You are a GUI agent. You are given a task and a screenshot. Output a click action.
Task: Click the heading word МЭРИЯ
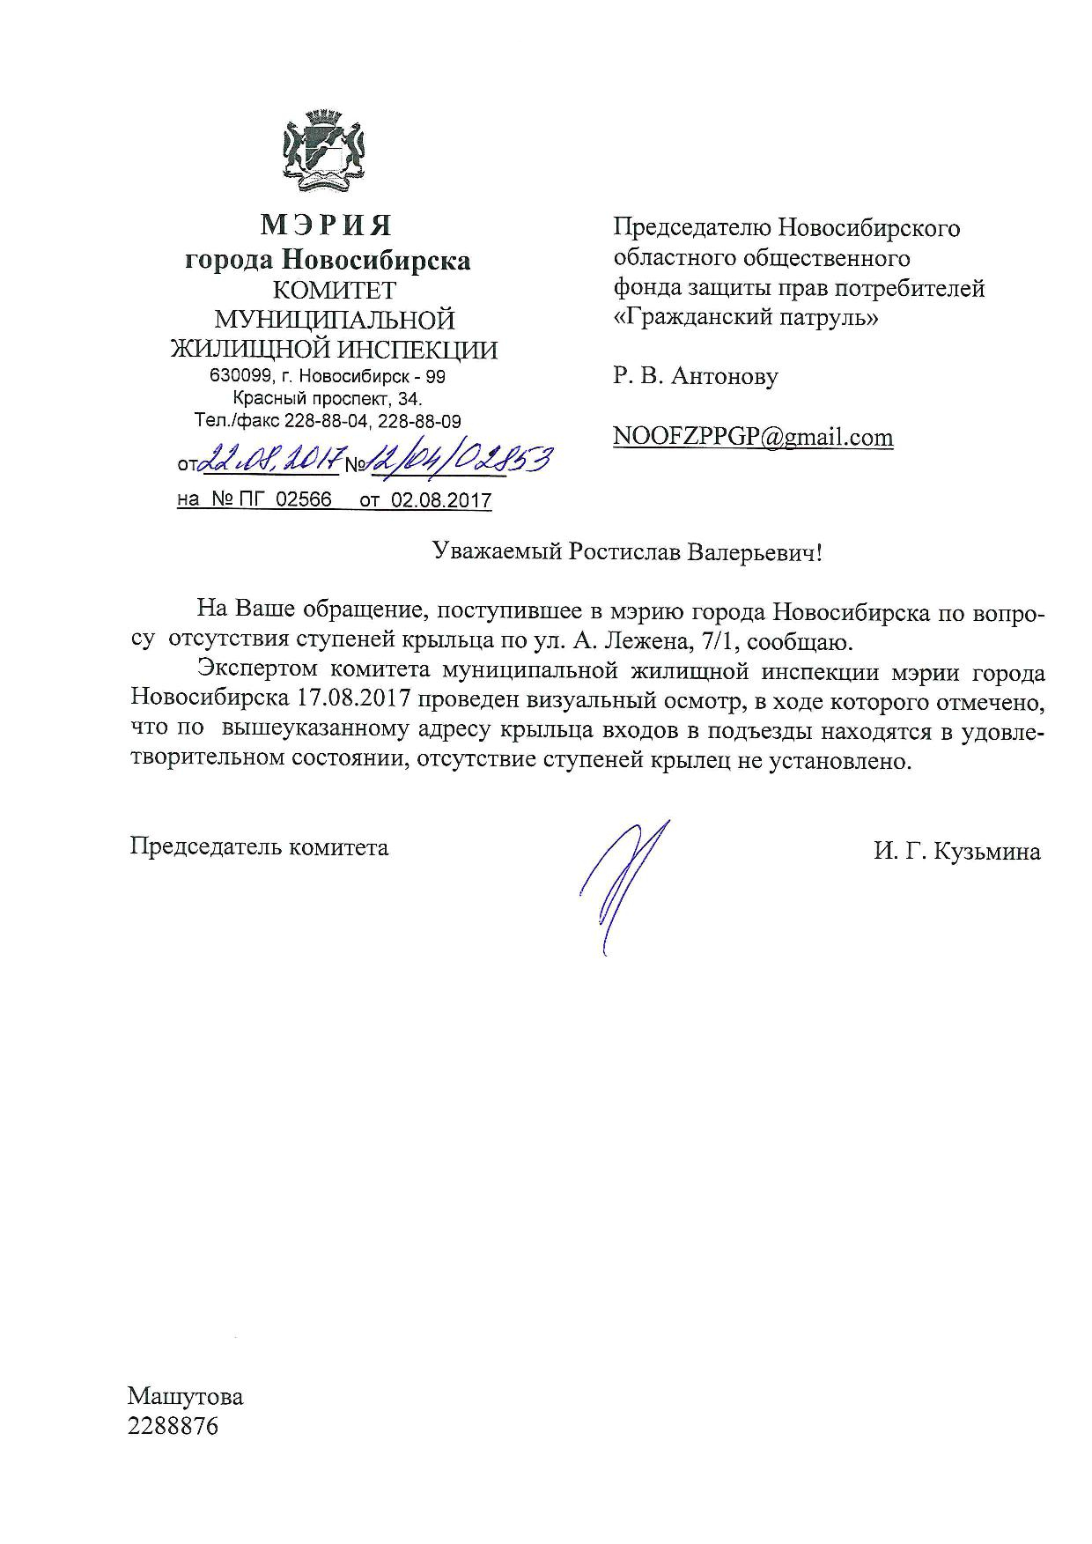point(326,226)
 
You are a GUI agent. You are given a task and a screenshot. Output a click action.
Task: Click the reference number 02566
point(304,500)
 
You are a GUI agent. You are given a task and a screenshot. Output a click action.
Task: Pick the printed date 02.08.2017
point(441,500)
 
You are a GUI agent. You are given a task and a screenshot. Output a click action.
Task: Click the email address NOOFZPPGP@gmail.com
point(753,437)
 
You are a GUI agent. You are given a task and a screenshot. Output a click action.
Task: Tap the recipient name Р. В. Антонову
point(696,377)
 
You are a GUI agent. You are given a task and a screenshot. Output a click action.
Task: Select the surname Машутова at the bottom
point(185,1397)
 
